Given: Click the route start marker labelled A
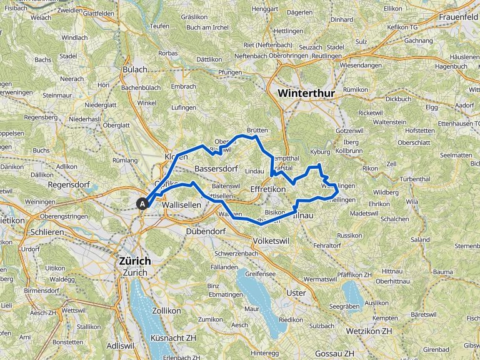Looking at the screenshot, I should tap(142, 203).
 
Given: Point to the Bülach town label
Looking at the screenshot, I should tap(135, 69).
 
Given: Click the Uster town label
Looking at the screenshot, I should tap(296, 292).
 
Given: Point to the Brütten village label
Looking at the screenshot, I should tap(257, 130).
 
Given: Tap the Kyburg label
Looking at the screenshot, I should tap(319, 152).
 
